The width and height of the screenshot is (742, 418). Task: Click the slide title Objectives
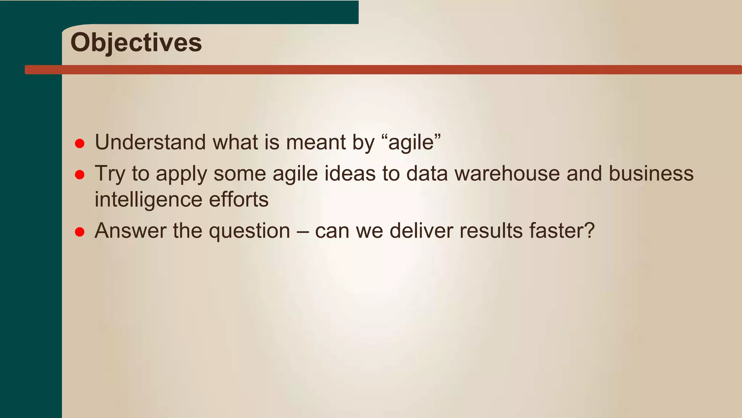[x=136, y=43]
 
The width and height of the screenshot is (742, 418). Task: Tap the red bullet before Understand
[x=80, y=143]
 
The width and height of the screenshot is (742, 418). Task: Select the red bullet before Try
[x=80, y=175]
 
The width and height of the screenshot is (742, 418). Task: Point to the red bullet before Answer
[x=80, y=232]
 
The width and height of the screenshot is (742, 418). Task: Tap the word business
[x=651, y=173]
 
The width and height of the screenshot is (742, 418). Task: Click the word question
[x=250, y=231]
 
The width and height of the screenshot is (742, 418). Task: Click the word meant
[x=316, y=142]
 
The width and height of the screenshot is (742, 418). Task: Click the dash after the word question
[x=303, y=231]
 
